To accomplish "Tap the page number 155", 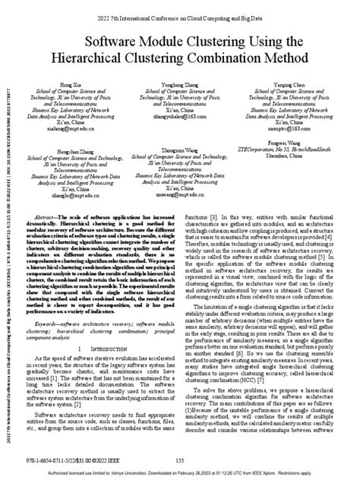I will (x=181, y=459).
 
